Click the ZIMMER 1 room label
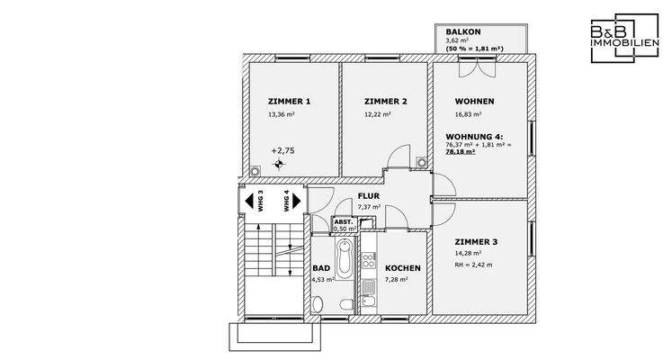tap(290, 102)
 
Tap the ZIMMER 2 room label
tap(386, 102)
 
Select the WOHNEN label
tap(474, 102)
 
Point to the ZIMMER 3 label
tap(476, 242)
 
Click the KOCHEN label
tap(403, 268)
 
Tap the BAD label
tap(321, 268)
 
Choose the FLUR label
tap(369, 196)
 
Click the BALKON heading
tap(463, 31)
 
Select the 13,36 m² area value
tap(282, 114)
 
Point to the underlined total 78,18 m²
tap(461, 152)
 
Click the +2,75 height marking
tap(282, 151)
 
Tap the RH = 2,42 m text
tap(473, 265)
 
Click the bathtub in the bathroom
tap(344, 259)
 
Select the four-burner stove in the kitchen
tap(369, 261)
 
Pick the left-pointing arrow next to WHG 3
tap(249, 201)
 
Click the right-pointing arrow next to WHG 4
tap(297, 201)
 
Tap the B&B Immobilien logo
tap(625, 38)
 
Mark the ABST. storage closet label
tap(344, 222)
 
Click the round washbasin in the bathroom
tap(318, 305)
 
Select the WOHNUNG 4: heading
tap(474, 137)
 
